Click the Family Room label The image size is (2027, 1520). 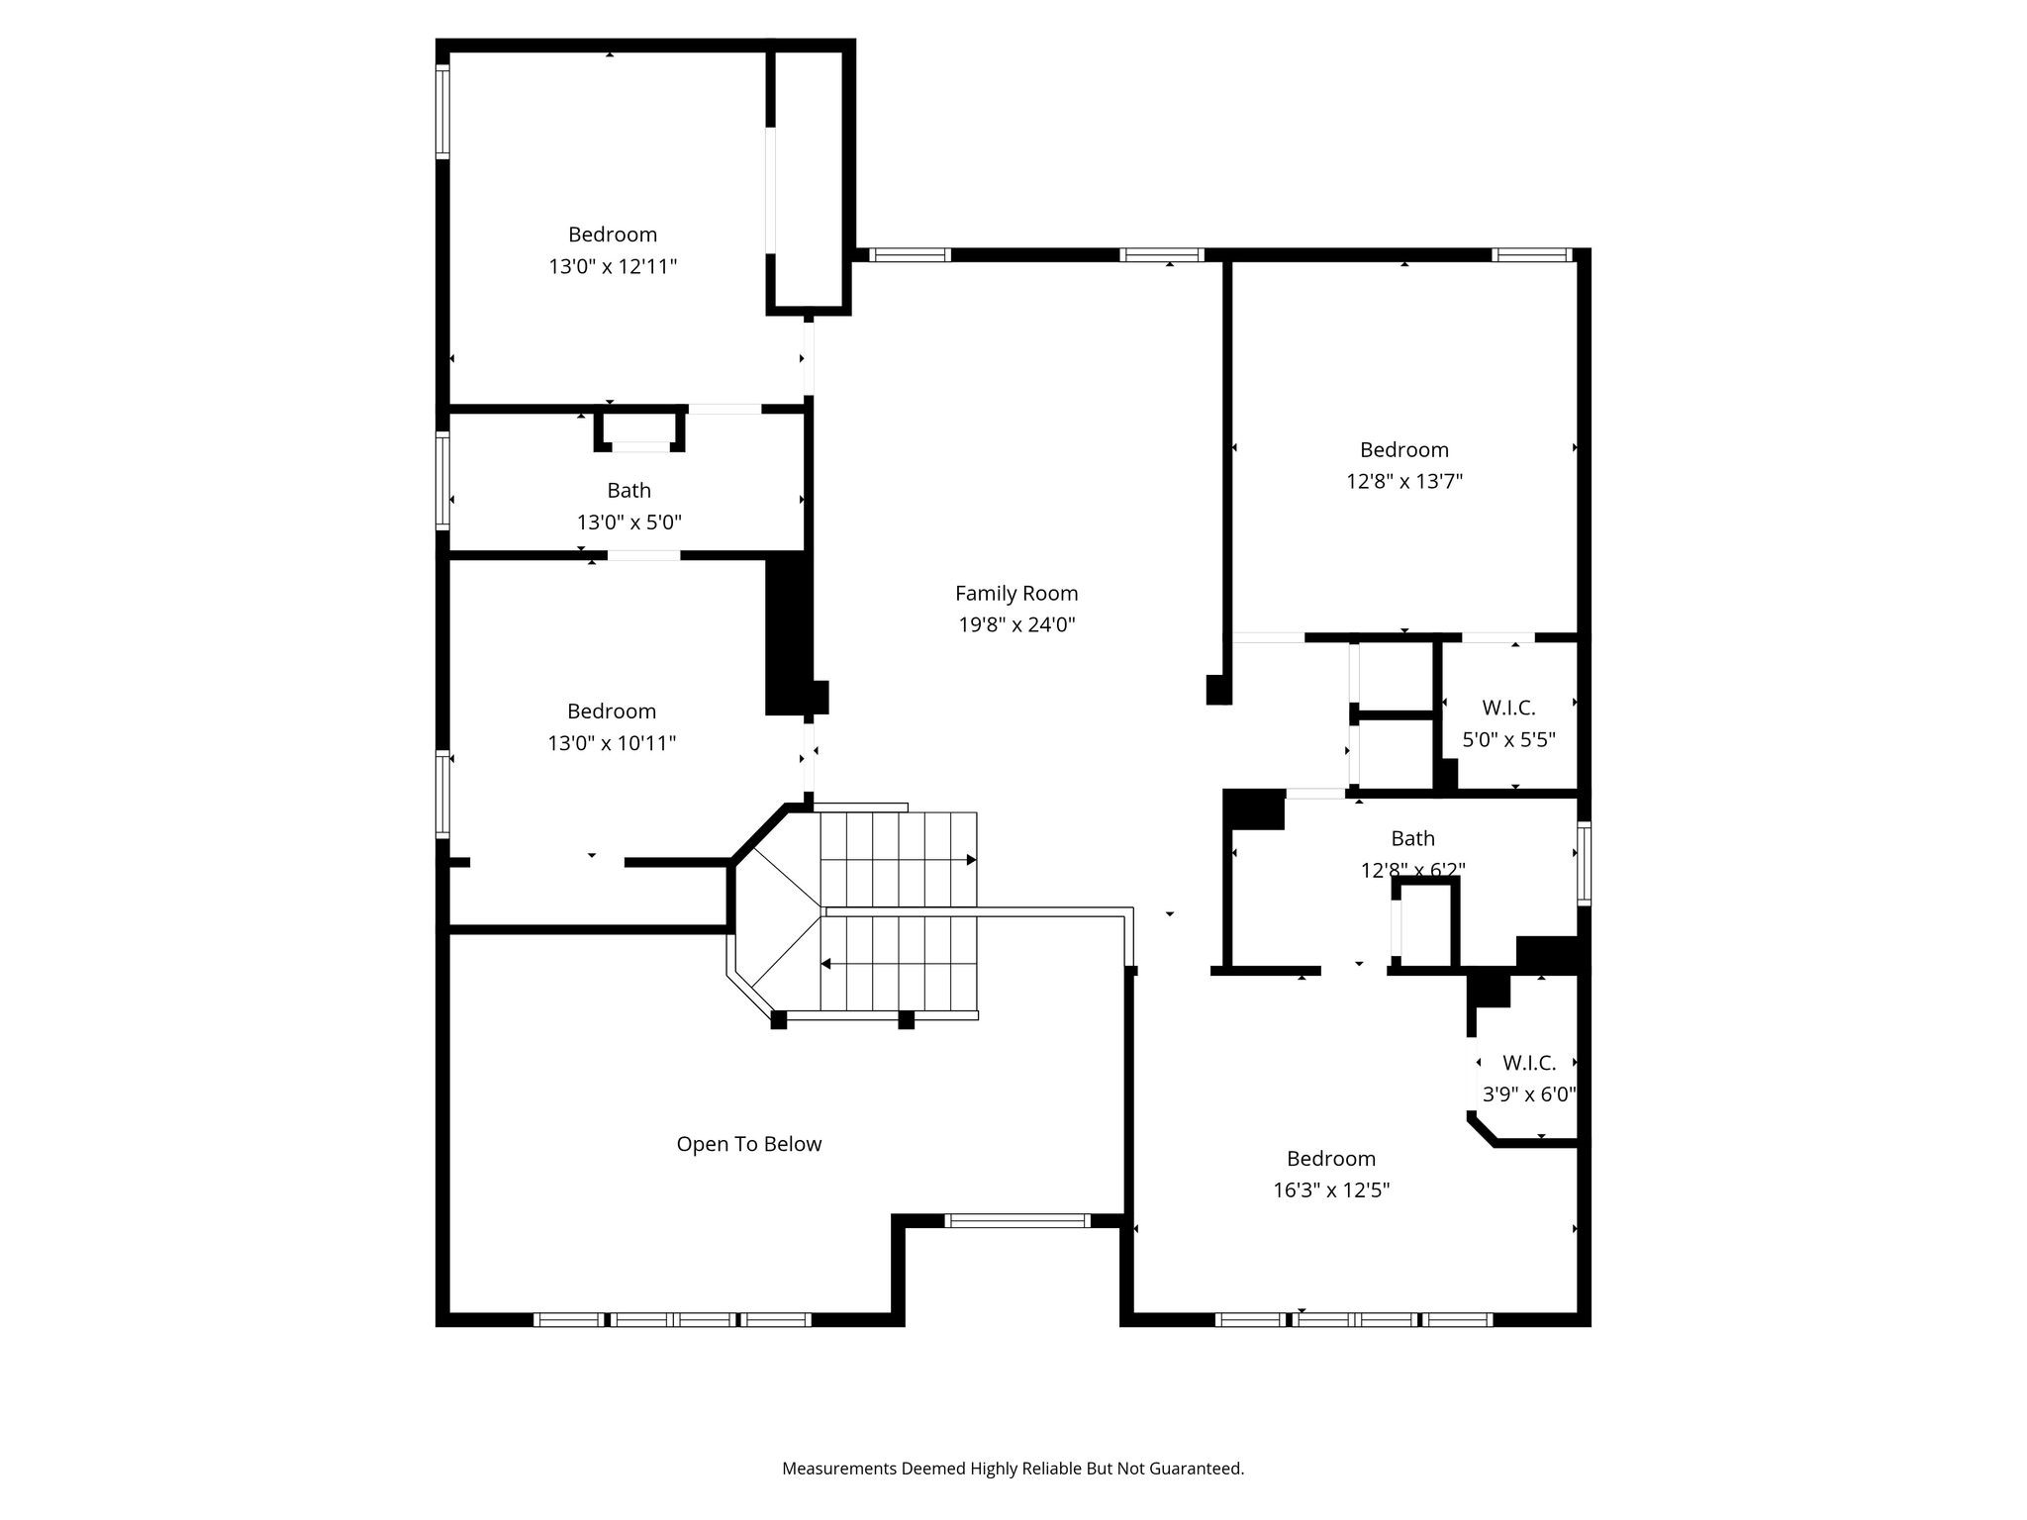point(1016,593)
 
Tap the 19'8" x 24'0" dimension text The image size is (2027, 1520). point(1016,624)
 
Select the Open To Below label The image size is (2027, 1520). point(749,1144)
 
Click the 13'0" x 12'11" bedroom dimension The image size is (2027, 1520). point(613,266)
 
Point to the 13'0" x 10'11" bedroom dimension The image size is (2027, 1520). point(612,742)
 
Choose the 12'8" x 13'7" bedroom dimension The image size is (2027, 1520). point(1403,481)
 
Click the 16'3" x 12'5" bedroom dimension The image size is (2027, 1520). point(1331,1189)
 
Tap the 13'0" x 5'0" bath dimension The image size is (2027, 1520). point(629,522)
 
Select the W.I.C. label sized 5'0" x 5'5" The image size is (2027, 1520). point(1508,708)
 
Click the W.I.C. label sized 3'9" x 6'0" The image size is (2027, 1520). point(1529,1063)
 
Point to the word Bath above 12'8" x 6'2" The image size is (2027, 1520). point(1412,838)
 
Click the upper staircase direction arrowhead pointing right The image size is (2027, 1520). point(971,860)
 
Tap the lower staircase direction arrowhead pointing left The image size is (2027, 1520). point(825,963)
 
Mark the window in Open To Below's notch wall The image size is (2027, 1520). point(1016,1220)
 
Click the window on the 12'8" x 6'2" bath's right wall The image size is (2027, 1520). point(1584,863)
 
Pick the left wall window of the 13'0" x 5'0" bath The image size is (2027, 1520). point(443,481)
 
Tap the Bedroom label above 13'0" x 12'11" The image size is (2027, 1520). point(613,235)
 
